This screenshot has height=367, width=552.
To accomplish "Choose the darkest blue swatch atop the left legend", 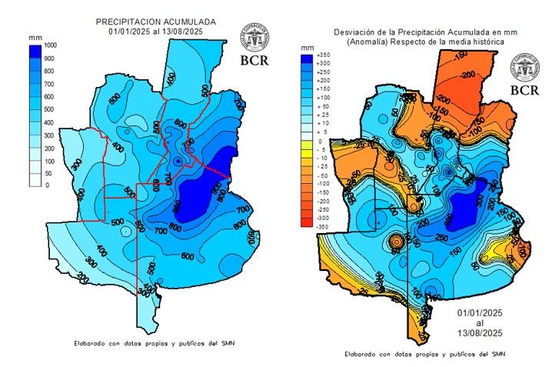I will pyautogui.click(x=35, y=52).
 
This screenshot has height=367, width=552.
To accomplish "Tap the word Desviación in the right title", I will pyautogui.click(x=354, y=32).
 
